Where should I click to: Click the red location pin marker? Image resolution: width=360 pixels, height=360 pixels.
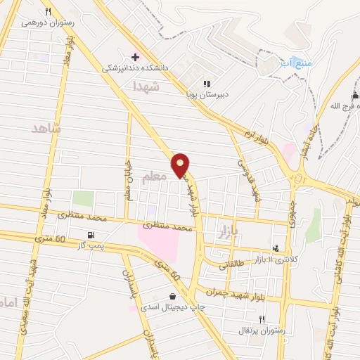click(181, 165)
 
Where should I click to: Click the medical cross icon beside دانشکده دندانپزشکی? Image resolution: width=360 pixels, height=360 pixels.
click(135, 56)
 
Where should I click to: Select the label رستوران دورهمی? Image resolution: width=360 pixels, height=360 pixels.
click(47, 22)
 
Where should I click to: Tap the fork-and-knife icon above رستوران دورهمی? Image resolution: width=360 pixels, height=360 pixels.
click(48, 11)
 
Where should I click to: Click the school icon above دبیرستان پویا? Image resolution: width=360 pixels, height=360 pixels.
click(207, 83)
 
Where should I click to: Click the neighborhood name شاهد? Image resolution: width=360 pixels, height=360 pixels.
click(46, 129)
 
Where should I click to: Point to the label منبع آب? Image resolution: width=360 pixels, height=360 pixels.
click(295, 63)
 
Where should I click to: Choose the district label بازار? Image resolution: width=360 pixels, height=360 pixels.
click(224, 229)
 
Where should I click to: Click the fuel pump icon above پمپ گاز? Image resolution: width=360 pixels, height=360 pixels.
click(89, 235)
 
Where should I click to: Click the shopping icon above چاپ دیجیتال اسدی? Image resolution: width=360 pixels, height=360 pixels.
click(173, 296)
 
